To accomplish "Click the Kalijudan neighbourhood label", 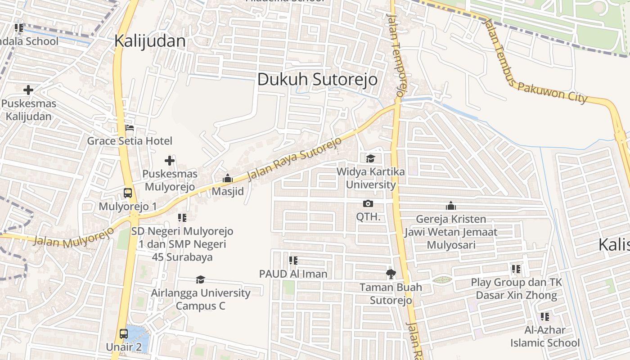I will click(149, 41).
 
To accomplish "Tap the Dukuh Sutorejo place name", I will click(317, 80).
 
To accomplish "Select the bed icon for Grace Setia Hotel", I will click(130, 128).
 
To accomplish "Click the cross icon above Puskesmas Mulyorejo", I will click(169, 161).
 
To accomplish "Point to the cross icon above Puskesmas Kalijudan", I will click(28, 90).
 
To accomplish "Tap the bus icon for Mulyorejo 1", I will click(128, 193).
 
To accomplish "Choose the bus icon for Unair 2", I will click(124, 334).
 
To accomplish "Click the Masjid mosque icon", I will click(228, 179).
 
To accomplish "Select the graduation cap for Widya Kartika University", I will click(370, 158).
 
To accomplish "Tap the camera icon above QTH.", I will click(368, 204).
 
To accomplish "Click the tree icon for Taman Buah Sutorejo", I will click(391, 274).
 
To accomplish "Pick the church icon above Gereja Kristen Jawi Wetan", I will click(450, 206).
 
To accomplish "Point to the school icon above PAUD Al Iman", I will click(293, 260).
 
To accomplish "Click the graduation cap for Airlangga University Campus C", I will click(201, 280).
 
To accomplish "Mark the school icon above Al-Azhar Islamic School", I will click(545, 316).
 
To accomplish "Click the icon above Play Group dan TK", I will click(516, 269).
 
